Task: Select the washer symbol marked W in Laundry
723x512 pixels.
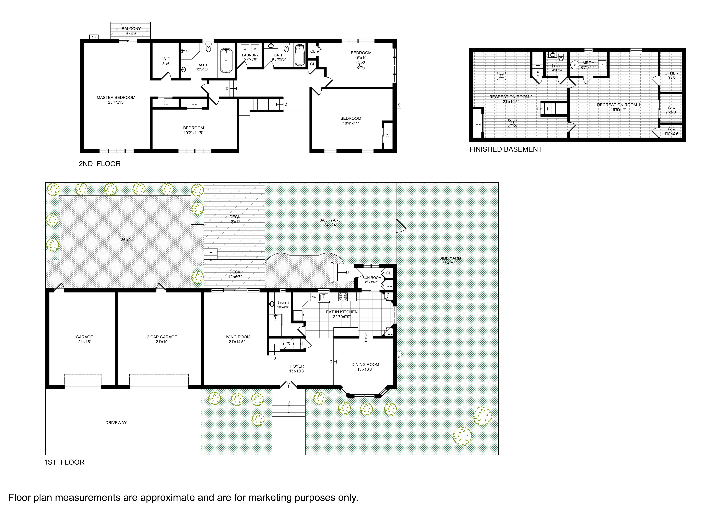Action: [x=245, y=49]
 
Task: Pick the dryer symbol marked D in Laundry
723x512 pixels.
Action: [x=255, y=49]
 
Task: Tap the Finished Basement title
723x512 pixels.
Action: [x=506, y=149]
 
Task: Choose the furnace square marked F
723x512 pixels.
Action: [x=602, y=65]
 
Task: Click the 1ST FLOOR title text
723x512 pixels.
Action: [x=64, y=462]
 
